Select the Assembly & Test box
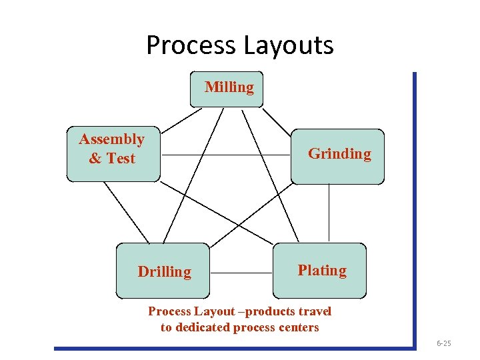point(113,153)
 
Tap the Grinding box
point(337,156)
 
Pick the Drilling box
point(163,271)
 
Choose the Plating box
point(320,270)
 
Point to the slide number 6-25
point(444,343)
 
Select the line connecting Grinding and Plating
point(329,213)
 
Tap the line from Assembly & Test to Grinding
point(227,155)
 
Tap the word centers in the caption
point(295,327)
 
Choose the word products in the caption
point(265,311)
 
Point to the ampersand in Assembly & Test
point(95,159)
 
